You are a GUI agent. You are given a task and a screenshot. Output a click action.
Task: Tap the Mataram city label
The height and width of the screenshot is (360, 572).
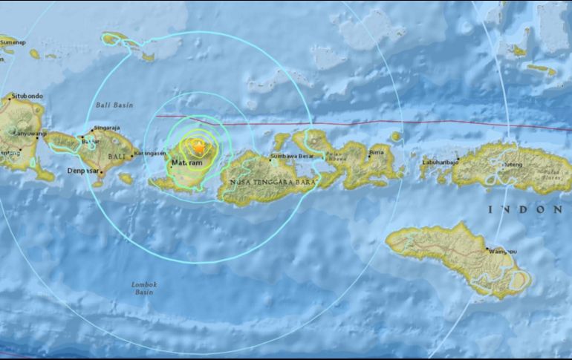pyautogui.click(x=186, y=162)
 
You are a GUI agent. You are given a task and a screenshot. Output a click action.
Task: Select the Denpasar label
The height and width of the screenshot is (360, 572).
pyautogui.click(x=85, y=172)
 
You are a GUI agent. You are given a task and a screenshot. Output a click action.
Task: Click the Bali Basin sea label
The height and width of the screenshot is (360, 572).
pyautogui.click(x=114, y=105)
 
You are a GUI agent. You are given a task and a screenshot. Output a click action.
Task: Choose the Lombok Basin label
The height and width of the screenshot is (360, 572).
pyautogui.click(x=146, y=287)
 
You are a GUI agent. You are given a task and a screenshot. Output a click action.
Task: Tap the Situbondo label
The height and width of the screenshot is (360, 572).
pyautogui.click(x=27, y=96)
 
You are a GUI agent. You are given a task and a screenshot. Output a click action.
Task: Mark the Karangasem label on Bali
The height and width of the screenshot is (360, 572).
pyautogui.click(x=146, y=154)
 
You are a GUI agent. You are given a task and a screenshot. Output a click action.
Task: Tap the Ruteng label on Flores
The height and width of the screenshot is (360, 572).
pyautogui.click(x=516, y=163)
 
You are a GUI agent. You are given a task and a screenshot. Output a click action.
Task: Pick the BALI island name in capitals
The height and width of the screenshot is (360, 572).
pyautogui.click(x=117, y=157)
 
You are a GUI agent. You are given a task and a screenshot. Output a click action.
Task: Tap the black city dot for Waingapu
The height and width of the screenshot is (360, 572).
pyautogui.click(x=487, y=249)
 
